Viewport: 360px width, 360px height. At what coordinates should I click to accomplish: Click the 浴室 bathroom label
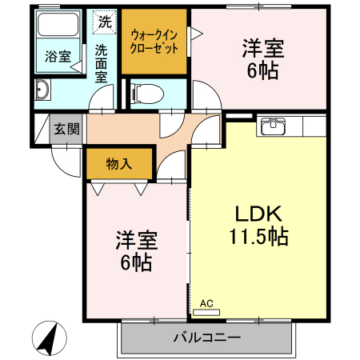57,57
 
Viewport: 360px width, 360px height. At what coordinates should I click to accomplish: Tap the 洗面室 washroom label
102,63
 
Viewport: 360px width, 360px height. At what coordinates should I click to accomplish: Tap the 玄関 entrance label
67,130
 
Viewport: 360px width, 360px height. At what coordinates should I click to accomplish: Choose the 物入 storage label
119,164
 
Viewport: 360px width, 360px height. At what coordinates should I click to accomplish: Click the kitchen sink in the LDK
273,126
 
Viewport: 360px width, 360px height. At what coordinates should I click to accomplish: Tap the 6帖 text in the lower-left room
137,262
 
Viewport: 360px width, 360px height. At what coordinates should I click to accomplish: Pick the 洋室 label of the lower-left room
137,239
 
